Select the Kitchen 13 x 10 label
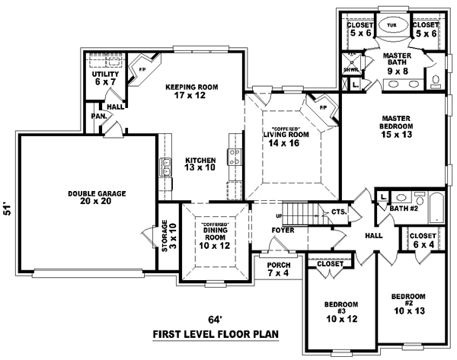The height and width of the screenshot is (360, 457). (x=200, y=164)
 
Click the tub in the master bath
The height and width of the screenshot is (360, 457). (x=391, y=25)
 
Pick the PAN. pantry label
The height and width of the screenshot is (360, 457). (x=98, y=116)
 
